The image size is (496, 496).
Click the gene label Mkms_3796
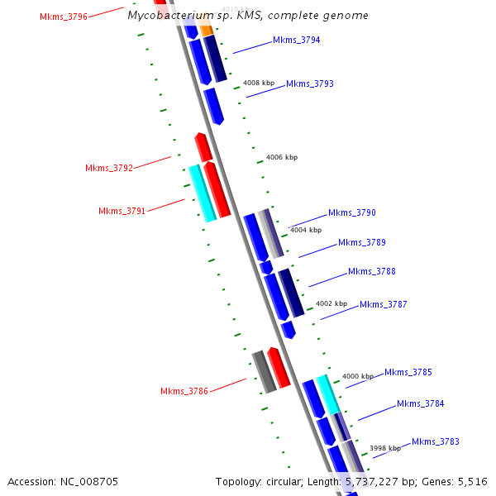click(x=64, y=17)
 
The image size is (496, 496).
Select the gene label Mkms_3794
click(x=297, y=40)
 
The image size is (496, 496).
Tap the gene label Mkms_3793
click(x=310, y=83)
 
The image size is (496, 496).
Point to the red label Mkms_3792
click(x=109, y=168)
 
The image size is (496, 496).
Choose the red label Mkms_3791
click(x=122, y=211)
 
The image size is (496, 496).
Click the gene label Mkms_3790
click(x=352, y=212)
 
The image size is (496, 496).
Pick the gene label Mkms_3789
click(x=362, y=242)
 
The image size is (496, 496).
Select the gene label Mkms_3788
click(x=372, y=271)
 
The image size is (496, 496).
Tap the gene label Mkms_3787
click(x=384, y=304)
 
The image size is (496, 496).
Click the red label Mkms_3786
click(x=184, y=391)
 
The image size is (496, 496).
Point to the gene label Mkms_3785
click(x=408, y=372)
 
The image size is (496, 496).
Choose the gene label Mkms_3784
click(x=421, y=403)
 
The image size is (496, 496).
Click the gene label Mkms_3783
click(x=436, y=441)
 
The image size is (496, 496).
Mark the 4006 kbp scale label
click(x=282, y=157)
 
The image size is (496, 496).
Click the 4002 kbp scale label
click(x=331, y=303)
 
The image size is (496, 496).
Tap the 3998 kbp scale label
click(x=385, y=448)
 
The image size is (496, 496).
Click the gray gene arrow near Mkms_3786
click(x=264, y=371)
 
